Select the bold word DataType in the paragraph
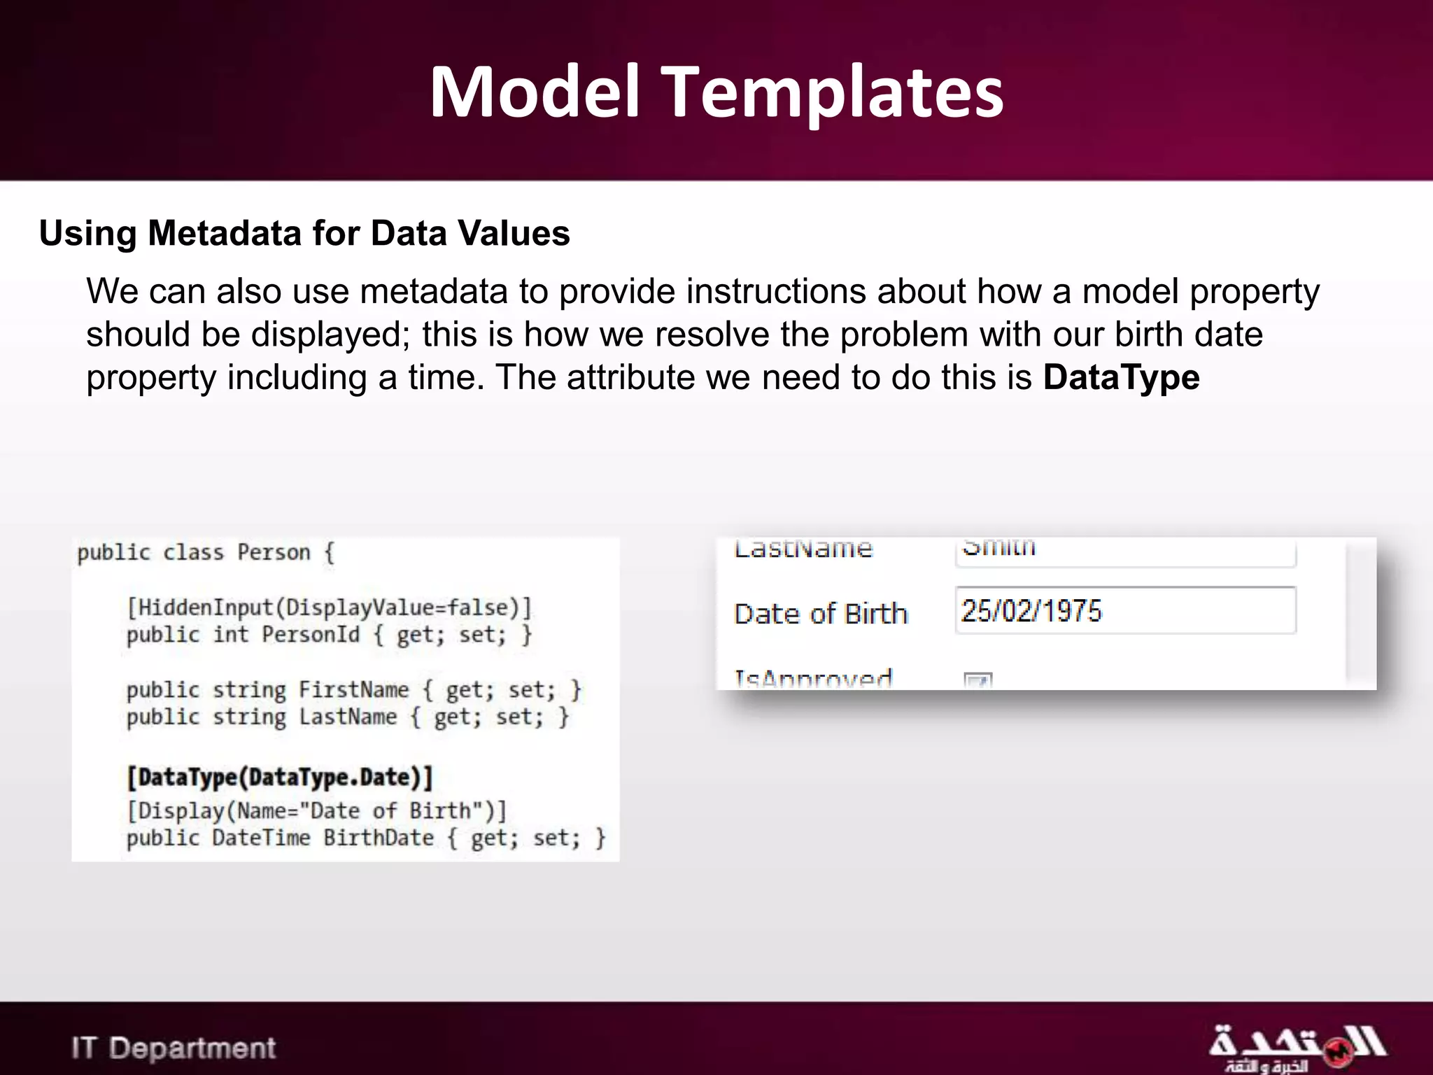(x=1121, y=377)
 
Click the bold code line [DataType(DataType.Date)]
(x=280, y=777)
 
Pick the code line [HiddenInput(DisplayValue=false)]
(x=329, y=607)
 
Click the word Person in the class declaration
(x=274, y=552)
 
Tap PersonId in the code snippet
(x=311, y=635)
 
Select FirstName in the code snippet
(x=353, y=690)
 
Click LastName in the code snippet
(x=348, y=717)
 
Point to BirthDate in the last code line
(x=379, y=838)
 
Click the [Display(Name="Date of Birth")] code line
(x=316, y=810)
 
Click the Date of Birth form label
(x=820, y=614)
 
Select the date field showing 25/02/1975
(x=1124, y=611)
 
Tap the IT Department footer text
(x=174, y=1048)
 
